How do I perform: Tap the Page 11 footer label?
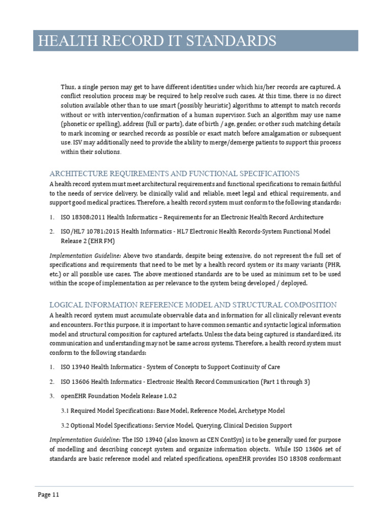[49, 494]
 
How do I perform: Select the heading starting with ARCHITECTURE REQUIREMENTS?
[174, 173]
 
